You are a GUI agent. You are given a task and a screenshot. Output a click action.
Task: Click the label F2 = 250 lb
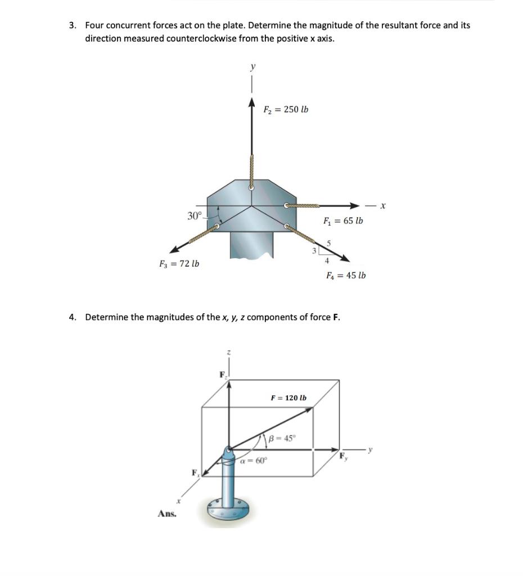(x=286, y=109)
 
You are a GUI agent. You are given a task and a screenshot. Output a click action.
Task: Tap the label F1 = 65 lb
(x=343, y=220)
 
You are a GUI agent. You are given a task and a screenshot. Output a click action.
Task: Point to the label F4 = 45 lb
(x=346, y=275)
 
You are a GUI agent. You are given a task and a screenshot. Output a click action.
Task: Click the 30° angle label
(x=194, y=216)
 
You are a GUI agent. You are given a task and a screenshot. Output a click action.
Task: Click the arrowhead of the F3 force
(x=174, y=250)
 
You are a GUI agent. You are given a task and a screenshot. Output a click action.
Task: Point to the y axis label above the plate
(x=253, y=66)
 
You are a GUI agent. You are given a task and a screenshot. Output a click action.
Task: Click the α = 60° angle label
(x=254, y=460)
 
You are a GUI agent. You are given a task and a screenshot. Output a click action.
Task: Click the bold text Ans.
(x=166, y=513)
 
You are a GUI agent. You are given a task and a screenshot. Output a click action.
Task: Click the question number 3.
(x=72, y=25)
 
